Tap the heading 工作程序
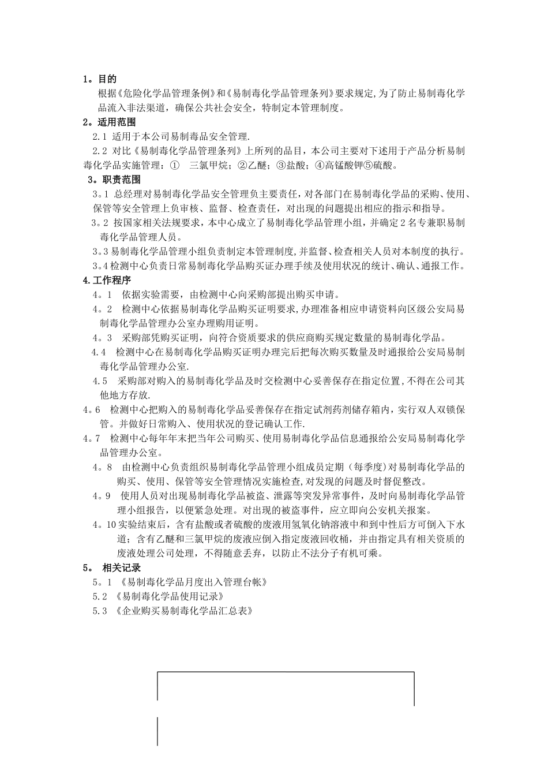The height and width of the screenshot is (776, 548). [x=111, y=280]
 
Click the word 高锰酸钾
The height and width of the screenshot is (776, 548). [x=343, y=166]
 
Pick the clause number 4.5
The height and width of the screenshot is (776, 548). [x=100, y=381]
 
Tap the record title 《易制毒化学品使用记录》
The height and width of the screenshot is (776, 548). [x=170, y=596]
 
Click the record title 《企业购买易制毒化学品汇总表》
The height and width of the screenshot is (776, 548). [x=184, y=611]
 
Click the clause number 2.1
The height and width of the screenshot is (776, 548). [x=99, y=137]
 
